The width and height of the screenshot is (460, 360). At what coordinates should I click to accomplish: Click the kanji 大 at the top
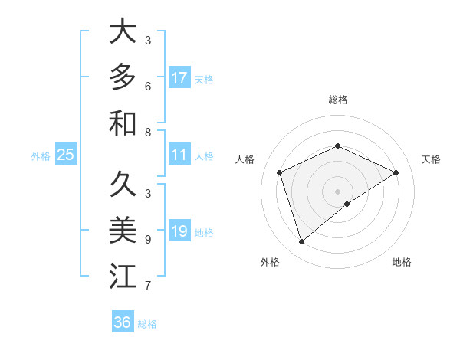tap(123, 31)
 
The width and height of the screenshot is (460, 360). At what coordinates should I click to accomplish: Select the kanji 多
tap(123, 77)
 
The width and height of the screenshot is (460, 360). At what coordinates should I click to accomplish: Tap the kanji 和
tap(123, 123)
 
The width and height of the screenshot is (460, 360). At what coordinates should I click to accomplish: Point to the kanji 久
tap(123, 185)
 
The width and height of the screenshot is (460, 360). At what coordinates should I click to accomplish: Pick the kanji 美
tap(123, 231)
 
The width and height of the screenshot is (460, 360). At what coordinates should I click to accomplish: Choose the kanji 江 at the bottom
tap(123, 277)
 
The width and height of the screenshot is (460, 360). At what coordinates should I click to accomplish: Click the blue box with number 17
tap(179, 78)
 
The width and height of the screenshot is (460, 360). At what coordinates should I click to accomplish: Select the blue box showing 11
tap(179, 155)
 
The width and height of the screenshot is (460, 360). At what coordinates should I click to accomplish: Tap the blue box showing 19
tap(179, 231)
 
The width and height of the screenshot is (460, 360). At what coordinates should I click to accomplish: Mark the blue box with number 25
tap(66, 155)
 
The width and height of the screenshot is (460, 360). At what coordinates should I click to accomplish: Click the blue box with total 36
tap(123, 322)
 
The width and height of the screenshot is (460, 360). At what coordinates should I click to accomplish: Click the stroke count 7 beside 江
tap(147, 286)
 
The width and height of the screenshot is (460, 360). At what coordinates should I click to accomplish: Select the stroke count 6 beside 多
tap(147, 87)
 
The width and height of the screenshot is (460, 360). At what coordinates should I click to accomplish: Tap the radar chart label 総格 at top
tap(337, 100)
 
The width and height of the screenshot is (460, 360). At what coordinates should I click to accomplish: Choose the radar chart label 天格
tap(431, 159)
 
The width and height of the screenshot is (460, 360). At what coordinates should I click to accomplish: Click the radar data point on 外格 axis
tap(301, 242)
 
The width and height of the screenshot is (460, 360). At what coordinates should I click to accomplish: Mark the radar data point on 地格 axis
tap(347, 204)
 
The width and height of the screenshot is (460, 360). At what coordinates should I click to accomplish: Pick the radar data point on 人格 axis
tap(280, 172)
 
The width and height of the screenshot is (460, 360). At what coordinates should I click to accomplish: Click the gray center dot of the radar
tap(337, 191)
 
